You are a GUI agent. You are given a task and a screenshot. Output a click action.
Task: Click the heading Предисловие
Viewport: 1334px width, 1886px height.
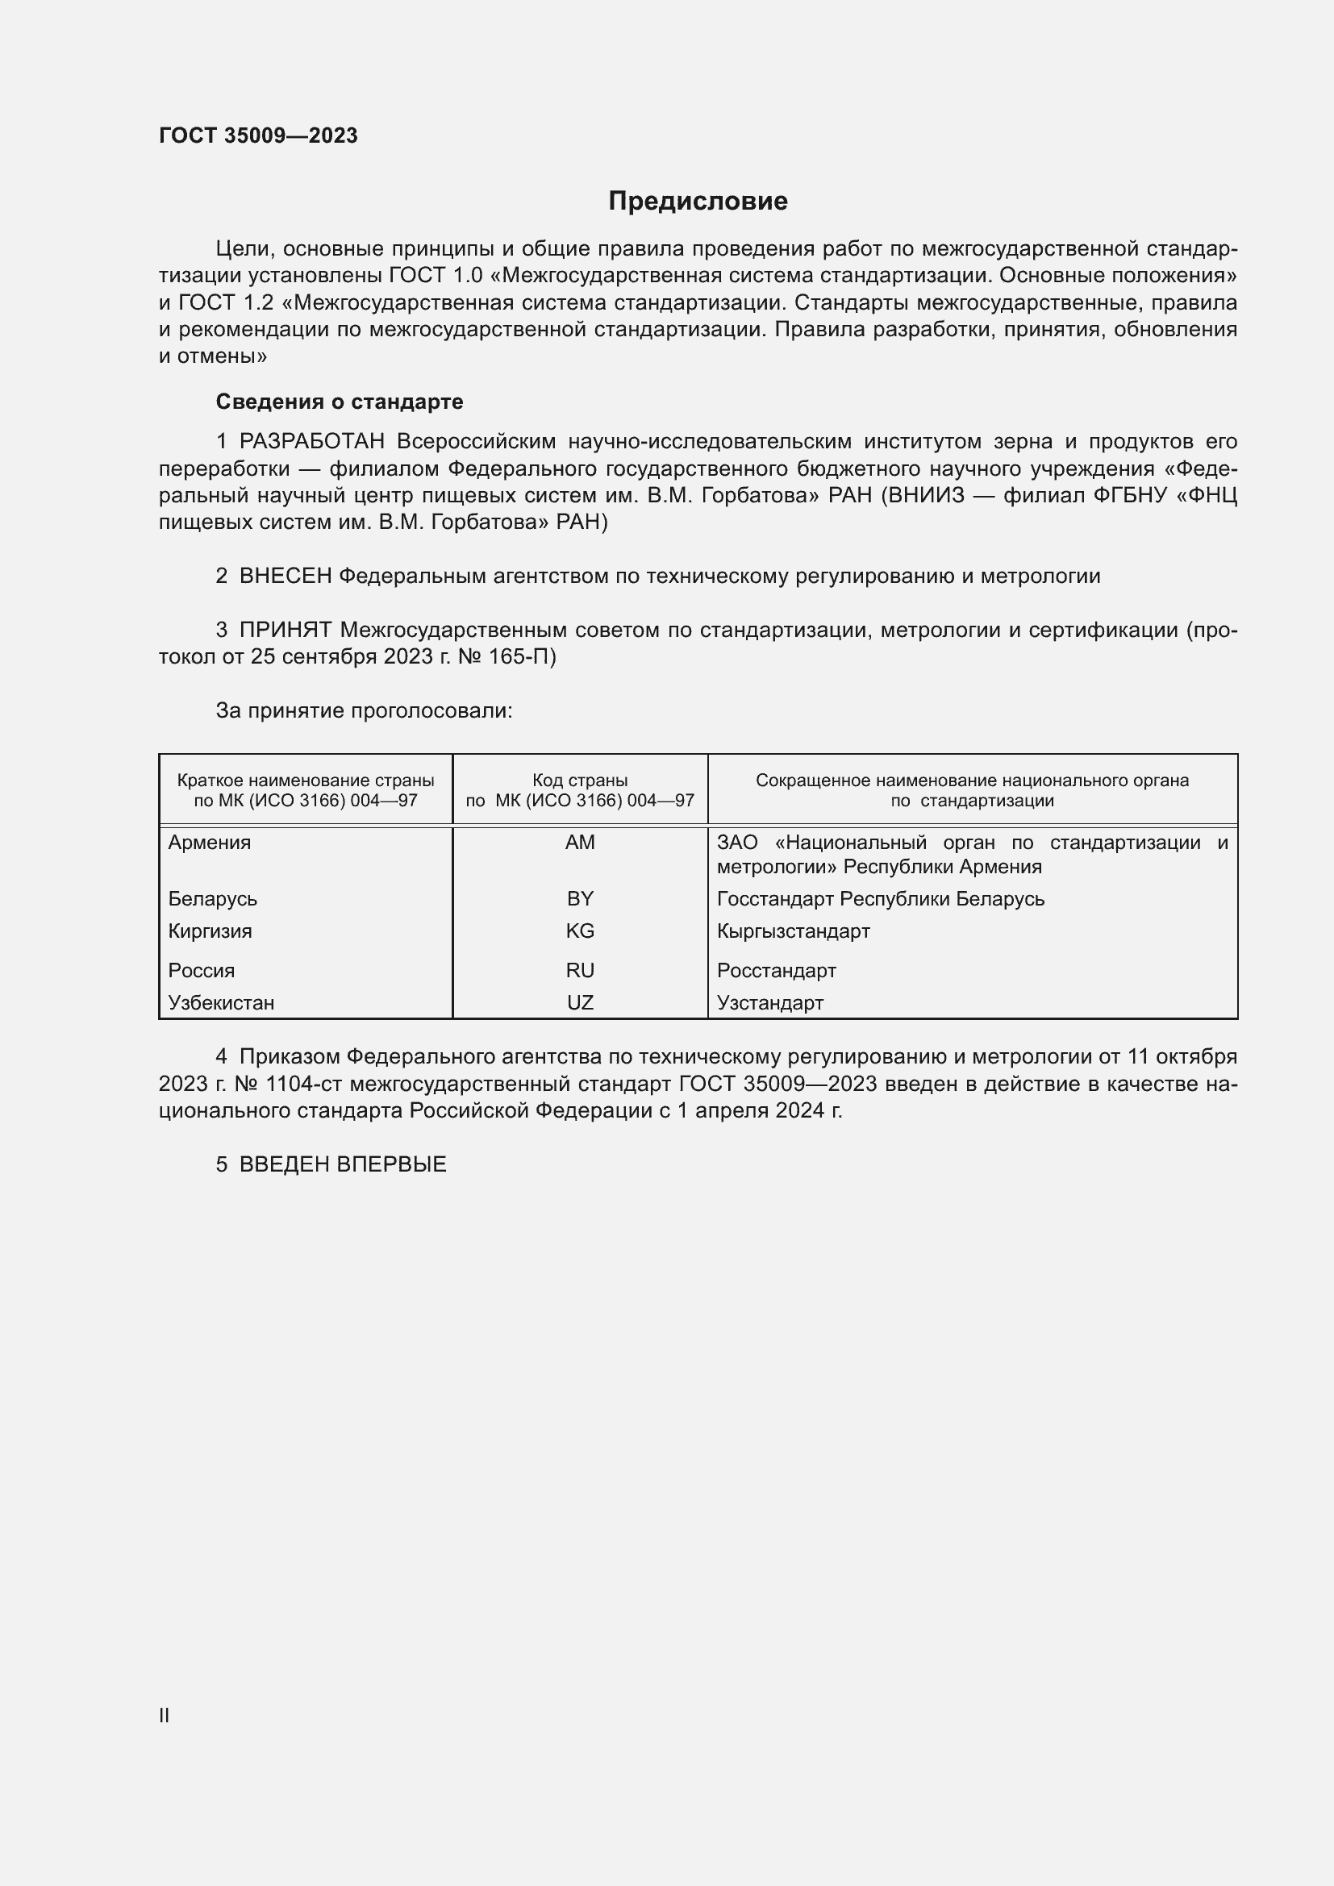pyautogui.click(x=698, y=202)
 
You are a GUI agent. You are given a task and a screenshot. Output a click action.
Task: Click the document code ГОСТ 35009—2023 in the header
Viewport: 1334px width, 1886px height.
pyautogui.click(x=258, y=135)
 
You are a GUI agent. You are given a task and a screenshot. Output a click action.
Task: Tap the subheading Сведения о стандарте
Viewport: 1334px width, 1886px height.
pyautogui.click(x=340, y=402)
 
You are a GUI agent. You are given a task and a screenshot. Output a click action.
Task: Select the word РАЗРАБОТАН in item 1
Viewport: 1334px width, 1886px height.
pyautogui.click(x=312, y=442)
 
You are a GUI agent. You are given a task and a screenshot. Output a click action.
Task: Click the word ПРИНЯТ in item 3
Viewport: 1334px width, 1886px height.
pyautogui.click(x=285, y=630)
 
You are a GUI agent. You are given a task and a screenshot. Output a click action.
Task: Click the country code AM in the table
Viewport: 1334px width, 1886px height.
pyautogui.click(x=580, y=843)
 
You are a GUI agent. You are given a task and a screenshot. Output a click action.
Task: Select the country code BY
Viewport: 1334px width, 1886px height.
pyautogui.click(x=580, y=898)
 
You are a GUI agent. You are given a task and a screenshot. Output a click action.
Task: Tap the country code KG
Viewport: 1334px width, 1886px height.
pyautogui.click(x=580, y=931)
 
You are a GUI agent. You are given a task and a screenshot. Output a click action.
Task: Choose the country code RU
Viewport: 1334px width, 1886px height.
pyautogui.click(x=580, y=971)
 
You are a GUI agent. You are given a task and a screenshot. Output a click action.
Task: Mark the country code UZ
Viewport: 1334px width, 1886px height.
pyautogui.click(x=580, y=1003)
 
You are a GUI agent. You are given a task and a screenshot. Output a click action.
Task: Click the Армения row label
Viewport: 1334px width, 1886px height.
pyautogui.click(x=210, y=843)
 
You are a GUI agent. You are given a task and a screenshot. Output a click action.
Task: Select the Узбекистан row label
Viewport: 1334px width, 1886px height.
pyautogui.click(x=221, y=1003)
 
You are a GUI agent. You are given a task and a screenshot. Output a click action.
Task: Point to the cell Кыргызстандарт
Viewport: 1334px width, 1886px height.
pyautogui.click(x=793, y=931)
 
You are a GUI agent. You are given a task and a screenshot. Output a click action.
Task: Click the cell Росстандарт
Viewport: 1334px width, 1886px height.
pyautogui.click(x=776, y=971)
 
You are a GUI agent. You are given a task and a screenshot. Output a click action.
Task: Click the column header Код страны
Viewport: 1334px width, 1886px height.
pyautogui.click(x=580, y=781)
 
